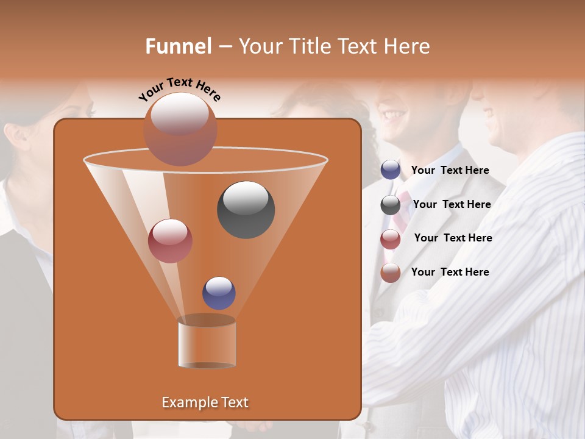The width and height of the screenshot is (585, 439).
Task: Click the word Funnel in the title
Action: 179,46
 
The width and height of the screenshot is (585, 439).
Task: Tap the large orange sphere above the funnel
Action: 180,129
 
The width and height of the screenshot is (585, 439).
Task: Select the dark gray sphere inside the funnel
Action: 246,210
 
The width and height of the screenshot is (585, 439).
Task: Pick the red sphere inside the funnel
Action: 170,241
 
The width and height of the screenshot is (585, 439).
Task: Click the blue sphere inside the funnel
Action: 219,293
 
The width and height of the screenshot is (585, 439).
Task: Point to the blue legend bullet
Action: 391,170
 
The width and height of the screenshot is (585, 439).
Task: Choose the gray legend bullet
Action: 391,205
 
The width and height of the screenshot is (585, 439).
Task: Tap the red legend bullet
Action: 391,239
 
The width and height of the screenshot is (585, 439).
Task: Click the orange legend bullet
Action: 391,273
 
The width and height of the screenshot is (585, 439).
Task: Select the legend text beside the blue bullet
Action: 450,170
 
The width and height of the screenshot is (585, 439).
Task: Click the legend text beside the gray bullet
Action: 452,204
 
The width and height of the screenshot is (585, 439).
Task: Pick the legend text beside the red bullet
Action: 453,238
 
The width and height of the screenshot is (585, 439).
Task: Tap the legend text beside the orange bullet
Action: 450,272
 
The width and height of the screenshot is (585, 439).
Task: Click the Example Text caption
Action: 205,402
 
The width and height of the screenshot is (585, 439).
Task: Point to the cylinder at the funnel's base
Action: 207,343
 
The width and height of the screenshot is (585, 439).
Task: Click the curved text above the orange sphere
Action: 180,89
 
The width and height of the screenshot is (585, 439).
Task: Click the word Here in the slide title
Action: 407,46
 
